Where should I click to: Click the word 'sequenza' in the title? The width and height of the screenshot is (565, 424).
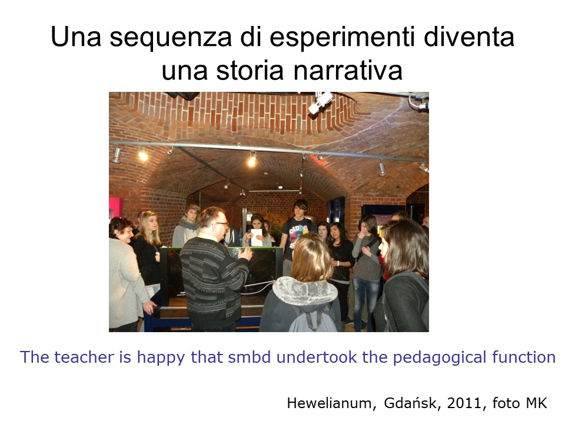(x=170, y=38)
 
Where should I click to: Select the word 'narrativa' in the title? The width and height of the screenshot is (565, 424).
(x=348, y=70)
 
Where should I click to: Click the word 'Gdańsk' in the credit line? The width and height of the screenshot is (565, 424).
(x=410, y=403)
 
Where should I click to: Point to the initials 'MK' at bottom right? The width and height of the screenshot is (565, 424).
(x=537, y=403)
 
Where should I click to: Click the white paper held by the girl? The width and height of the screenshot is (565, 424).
(x=257, y=237)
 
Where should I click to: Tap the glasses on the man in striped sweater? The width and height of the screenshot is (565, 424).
(x=221, y=224)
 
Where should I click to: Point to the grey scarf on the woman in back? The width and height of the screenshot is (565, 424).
(x=189, y=224)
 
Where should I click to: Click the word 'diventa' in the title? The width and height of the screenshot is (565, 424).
(x=469, y=37)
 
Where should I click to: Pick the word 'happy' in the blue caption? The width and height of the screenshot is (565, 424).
(x=161, y=357)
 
